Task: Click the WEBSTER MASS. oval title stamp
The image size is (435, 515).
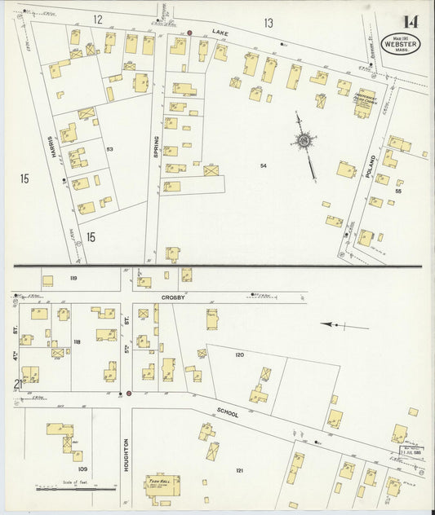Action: (x=401, y=44)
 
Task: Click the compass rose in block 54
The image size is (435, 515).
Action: (x=304, y=142)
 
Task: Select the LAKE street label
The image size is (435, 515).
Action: (x=218, y=33)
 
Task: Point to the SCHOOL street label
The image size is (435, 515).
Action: (x=228, y=413)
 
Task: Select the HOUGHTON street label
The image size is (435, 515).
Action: (x=127, y=454)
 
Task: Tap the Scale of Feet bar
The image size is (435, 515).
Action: (x=78, y=489)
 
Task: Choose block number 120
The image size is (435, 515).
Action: (x=239, y=355)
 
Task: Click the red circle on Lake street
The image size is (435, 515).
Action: (x=189, y=33)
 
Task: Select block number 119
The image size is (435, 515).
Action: (x=73, y=279)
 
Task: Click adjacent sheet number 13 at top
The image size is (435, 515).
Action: (x=268, y=22)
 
